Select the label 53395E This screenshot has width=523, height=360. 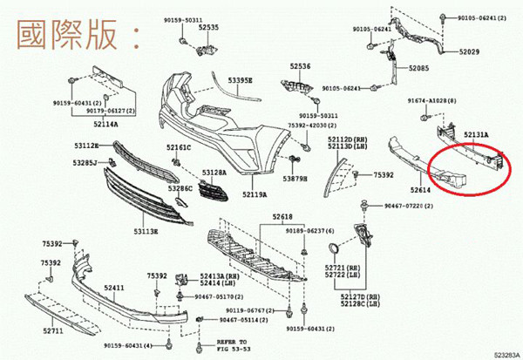pyautogui.click(x=241, y=80)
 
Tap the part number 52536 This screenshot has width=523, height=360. pyautogui.click(x=301, y=65)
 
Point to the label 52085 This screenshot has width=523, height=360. pyautogui.click(x=420, y=67)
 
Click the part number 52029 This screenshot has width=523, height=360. pyautogui.click(x=471, y=52)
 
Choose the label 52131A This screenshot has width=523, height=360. pyautogui.click(x=476, y=134)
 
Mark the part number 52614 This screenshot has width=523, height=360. pyautogui.click(x=421, y=189)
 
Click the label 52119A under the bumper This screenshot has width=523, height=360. pyautogui.click(x=255, y=194)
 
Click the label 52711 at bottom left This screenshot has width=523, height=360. pyautogui.click(x=54, y=332)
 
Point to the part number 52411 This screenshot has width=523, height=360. pyautogui.click(x=113, y=287)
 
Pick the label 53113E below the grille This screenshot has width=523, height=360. pyautogui.click(x=146, y=232)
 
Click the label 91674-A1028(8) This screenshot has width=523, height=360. pyautogui.click(x=431, y=101)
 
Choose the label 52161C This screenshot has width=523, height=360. pyautogui.click(x=179, y=147)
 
